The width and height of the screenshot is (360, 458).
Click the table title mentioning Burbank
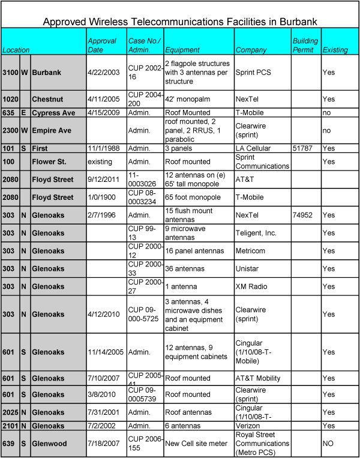(x=180, y=22)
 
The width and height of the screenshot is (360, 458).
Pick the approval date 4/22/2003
(x=104, y=72)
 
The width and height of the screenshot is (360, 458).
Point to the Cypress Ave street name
(x=54, y=112)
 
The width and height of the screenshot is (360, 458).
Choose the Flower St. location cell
(x=54, y=161)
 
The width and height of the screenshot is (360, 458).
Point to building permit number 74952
(x=302, y=214)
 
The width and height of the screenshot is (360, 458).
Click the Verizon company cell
(x=248, y=426)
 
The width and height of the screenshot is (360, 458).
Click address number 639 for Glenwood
(x=10, y=442)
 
